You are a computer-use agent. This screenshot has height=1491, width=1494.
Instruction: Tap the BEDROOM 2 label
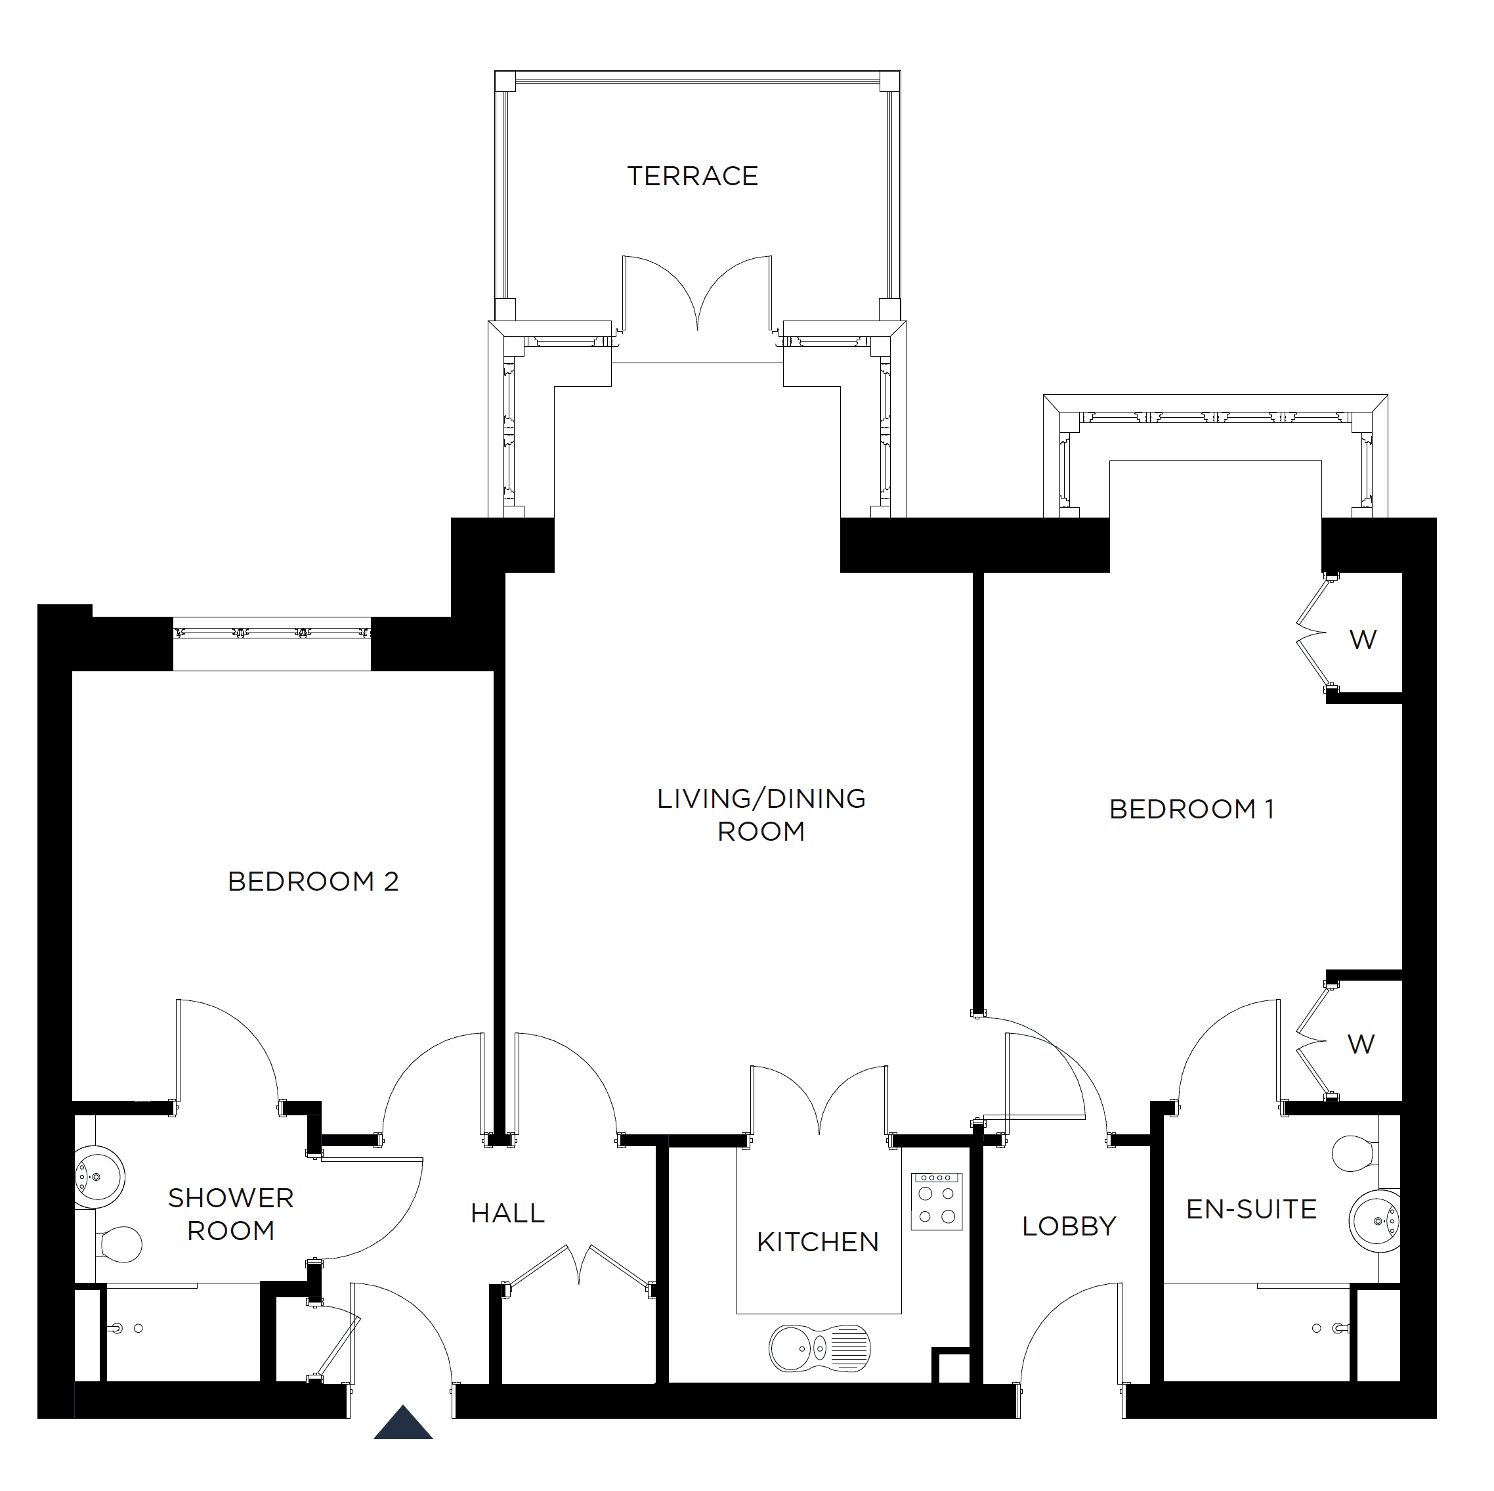coord(313,881)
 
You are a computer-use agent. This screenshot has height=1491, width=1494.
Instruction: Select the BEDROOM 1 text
coord(1191,809)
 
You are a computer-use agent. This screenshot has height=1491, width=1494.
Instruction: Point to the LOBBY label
coord(1069,1226)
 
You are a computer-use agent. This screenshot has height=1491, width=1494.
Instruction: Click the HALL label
coord(508,1213)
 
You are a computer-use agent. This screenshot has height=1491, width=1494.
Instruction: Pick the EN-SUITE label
coord(1251,1209)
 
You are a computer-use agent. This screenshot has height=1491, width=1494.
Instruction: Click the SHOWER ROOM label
coord(231,1214)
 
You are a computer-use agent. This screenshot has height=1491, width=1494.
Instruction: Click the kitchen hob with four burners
coord(937,1201)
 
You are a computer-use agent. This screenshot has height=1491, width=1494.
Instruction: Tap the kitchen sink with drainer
coord(820,1348)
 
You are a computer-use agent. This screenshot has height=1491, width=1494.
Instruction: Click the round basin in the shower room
coord(99,1177)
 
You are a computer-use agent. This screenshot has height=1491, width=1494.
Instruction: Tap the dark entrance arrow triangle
coord(403,1422)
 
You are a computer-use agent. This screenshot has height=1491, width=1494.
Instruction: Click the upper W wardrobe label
coord(1363,640)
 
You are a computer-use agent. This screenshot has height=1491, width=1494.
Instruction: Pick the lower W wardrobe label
coord(1361,1044)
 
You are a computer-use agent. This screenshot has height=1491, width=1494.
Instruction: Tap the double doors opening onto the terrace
coord(698,294)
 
